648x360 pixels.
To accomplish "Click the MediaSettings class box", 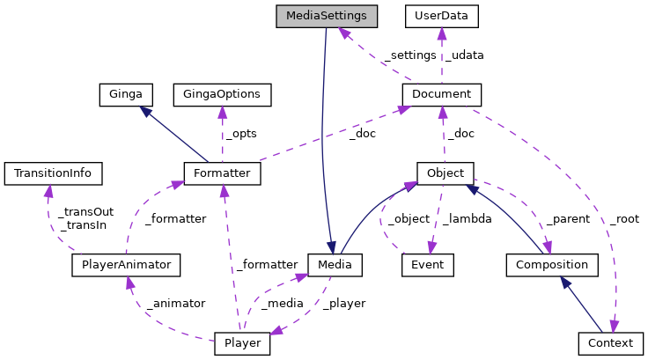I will coord(326,16).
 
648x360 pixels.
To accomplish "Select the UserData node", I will coord(441,16).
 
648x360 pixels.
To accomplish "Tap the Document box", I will coord(442,93).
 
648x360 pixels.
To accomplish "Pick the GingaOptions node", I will coord(222,93).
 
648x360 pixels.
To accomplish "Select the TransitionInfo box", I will coord(53,173).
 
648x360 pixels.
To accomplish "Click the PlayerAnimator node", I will coord(126,264).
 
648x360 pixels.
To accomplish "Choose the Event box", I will coord(427,264).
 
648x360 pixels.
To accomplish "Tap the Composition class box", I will coord(552,264).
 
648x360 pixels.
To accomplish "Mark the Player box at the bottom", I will coord(242,342).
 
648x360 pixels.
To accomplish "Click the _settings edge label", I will coord(409,55).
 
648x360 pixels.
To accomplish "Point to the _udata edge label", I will coord(464,55).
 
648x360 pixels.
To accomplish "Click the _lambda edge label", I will coord(466,218).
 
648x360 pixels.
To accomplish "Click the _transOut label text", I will coord(86,212).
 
